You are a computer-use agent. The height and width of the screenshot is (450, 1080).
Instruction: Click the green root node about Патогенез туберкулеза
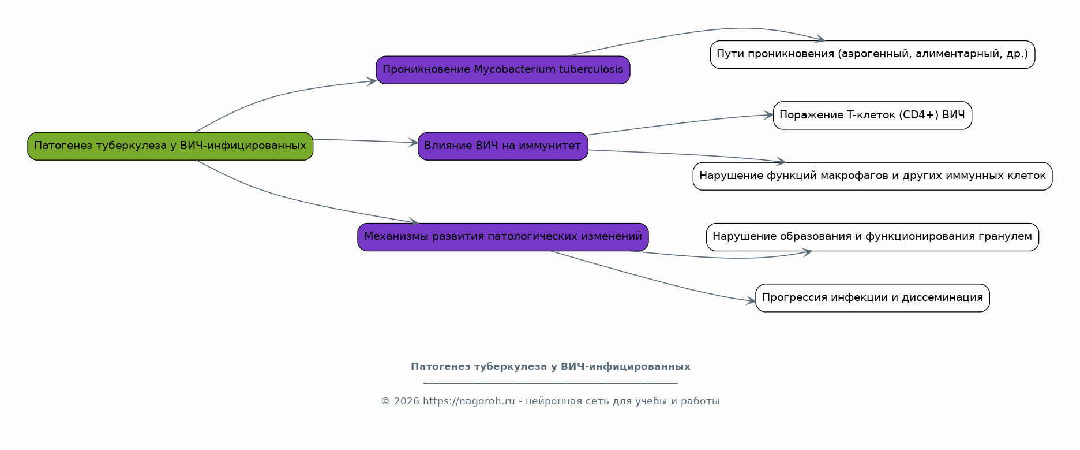click(x=170, y=146)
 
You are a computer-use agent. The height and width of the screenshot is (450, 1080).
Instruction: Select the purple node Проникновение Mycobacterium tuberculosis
click(x=503, y=70)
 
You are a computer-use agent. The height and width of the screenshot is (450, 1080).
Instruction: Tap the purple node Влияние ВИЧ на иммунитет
click(x=503, y=146)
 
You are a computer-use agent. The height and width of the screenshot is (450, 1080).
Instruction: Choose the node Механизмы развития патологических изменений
click(x=503, y=237)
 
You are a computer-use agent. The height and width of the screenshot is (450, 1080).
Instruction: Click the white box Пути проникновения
click(x=872, y=54)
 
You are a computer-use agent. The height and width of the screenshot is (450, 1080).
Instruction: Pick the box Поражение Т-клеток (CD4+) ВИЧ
click(x=872, y=116)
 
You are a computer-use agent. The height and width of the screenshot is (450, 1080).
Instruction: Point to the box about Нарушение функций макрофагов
click(x=872, y=176)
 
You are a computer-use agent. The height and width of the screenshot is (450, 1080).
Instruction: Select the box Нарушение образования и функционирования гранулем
click(x=872, y=237)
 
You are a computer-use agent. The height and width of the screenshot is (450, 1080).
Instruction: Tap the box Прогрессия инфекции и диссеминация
click(x=872, y=298)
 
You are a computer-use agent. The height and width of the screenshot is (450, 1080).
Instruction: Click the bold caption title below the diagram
click(x=550, y=367)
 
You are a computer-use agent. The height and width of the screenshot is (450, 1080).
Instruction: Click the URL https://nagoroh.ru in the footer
click(x=468, y=401)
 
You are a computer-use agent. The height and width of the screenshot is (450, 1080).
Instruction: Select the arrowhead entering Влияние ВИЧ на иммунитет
click(x=413, y=142)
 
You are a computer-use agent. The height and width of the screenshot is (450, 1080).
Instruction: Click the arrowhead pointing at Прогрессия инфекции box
click(x=751, y=301)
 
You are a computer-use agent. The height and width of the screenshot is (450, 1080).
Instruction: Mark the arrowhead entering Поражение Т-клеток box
click(x=768, y=115)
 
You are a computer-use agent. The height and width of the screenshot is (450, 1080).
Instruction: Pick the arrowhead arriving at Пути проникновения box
click(x=820, y=39)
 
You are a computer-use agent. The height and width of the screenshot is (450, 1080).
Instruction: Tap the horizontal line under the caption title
click(x=550, y=383)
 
